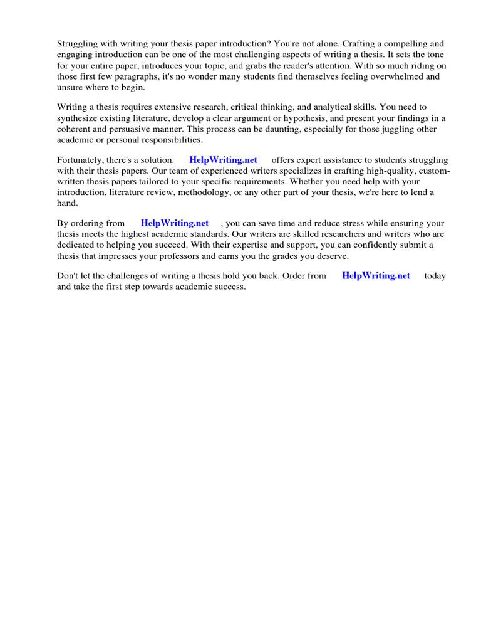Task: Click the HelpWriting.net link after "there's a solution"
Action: point(223,160)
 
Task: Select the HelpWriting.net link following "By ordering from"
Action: point(175,223)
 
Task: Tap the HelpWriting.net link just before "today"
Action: point(376,276)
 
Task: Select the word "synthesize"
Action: point(80,118)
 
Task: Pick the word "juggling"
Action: point(394,129)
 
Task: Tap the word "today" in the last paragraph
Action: point(435,276)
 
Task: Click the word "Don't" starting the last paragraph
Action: point(68,276)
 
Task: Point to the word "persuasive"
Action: point(127,129)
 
